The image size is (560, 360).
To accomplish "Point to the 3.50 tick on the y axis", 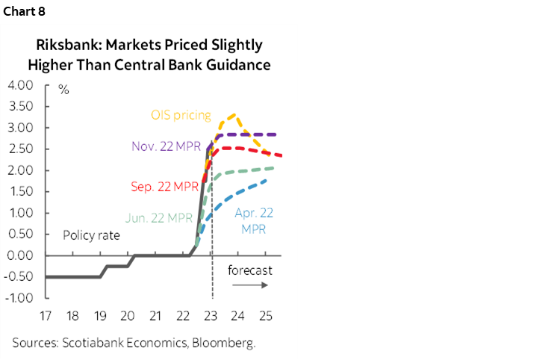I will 21,107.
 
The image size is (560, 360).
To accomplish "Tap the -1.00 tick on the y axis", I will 19,298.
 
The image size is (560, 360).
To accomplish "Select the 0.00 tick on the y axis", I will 21,255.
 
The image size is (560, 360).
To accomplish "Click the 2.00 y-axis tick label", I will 21,170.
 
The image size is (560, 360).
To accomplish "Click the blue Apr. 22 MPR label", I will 254,221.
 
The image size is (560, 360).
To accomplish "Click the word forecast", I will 249,270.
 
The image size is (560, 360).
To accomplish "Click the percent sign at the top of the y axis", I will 63,90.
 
